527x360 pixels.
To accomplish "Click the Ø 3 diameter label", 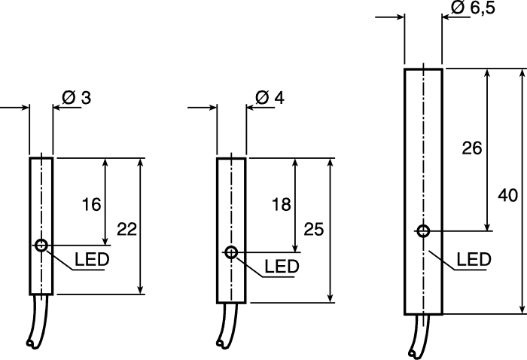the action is (76, 98).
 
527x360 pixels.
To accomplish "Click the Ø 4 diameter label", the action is (270, 97).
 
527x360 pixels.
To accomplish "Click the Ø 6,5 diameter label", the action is (473, 8).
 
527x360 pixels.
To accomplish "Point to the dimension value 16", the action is (91, 204).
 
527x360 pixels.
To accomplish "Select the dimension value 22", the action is (126, 229).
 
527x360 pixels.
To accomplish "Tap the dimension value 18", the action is (282, 204).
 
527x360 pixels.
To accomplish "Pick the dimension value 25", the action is (314, 229).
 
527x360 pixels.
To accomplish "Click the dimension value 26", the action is (472, 148).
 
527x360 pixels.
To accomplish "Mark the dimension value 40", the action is (508, 195).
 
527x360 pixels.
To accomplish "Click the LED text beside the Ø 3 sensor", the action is (92, 259).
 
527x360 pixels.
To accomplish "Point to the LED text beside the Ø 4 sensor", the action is (282, 266).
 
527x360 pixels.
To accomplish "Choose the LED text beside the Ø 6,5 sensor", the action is (474, 259).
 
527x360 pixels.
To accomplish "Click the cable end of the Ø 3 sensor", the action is (31, 343).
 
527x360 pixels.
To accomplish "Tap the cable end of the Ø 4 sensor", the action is (220, 343).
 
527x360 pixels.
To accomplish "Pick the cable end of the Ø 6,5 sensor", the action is (412, 354).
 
